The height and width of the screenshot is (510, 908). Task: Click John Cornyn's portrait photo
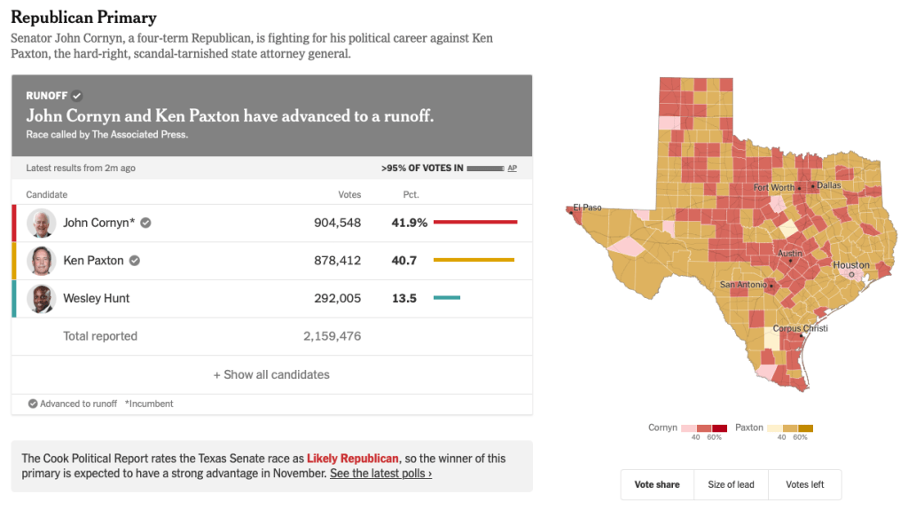pos(42,223)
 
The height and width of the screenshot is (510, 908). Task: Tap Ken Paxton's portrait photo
pos(42,261)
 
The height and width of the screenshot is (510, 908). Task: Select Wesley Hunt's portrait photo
pos(42,299)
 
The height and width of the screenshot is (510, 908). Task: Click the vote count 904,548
pos(337,223)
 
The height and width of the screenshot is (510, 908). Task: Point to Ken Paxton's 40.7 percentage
pos(404,261)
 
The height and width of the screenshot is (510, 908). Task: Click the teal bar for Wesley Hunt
pos(447,298)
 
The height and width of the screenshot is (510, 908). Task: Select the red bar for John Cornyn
pos(475,223)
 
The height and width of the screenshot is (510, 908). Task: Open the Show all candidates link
pos(271,375)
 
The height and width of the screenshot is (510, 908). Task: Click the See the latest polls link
pos(380,474)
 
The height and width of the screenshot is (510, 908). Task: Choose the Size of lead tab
pos(731,484)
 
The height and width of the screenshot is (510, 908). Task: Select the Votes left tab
pos(804,484)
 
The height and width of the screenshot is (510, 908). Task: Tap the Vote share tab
pos(657,484)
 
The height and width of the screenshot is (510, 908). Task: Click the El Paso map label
pos(587,208)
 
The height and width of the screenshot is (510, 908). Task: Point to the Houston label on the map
pos(851,265)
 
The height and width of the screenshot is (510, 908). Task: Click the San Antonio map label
pos(740,285)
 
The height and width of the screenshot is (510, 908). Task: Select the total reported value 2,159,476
pos(332,336)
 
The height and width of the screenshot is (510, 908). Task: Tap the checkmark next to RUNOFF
pos(77,96)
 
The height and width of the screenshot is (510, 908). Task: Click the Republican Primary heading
pos(83,18)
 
